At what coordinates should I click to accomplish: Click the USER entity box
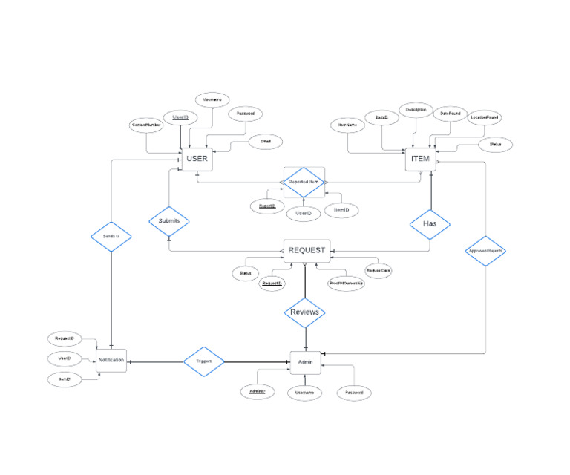coord(197,159)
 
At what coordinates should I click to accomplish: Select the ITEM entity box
coord(420,159)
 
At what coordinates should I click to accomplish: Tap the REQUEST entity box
coord(306,251)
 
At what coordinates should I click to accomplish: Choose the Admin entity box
coord(305,362)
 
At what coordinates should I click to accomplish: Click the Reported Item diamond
coord(304,182)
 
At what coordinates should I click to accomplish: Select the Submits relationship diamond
coord(169,221)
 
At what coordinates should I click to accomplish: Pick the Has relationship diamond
coord(431,223)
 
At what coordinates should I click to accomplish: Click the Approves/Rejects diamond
coord(486,251)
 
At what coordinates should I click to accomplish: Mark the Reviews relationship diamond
coord(305,312)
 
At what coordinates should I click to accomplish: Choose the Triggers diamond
coord(204,361)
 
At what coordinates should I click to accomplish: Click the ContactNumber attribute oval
coord(147,125)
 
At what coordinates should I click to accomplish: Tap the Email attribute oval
coord(265,141)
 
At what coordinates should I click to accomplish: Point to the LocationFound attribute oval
coord(485,117)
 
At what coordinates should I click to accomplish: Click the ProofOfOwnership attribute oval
coord(346,282)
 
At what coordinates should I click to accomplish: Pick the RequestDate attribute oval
coord(378,271)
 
